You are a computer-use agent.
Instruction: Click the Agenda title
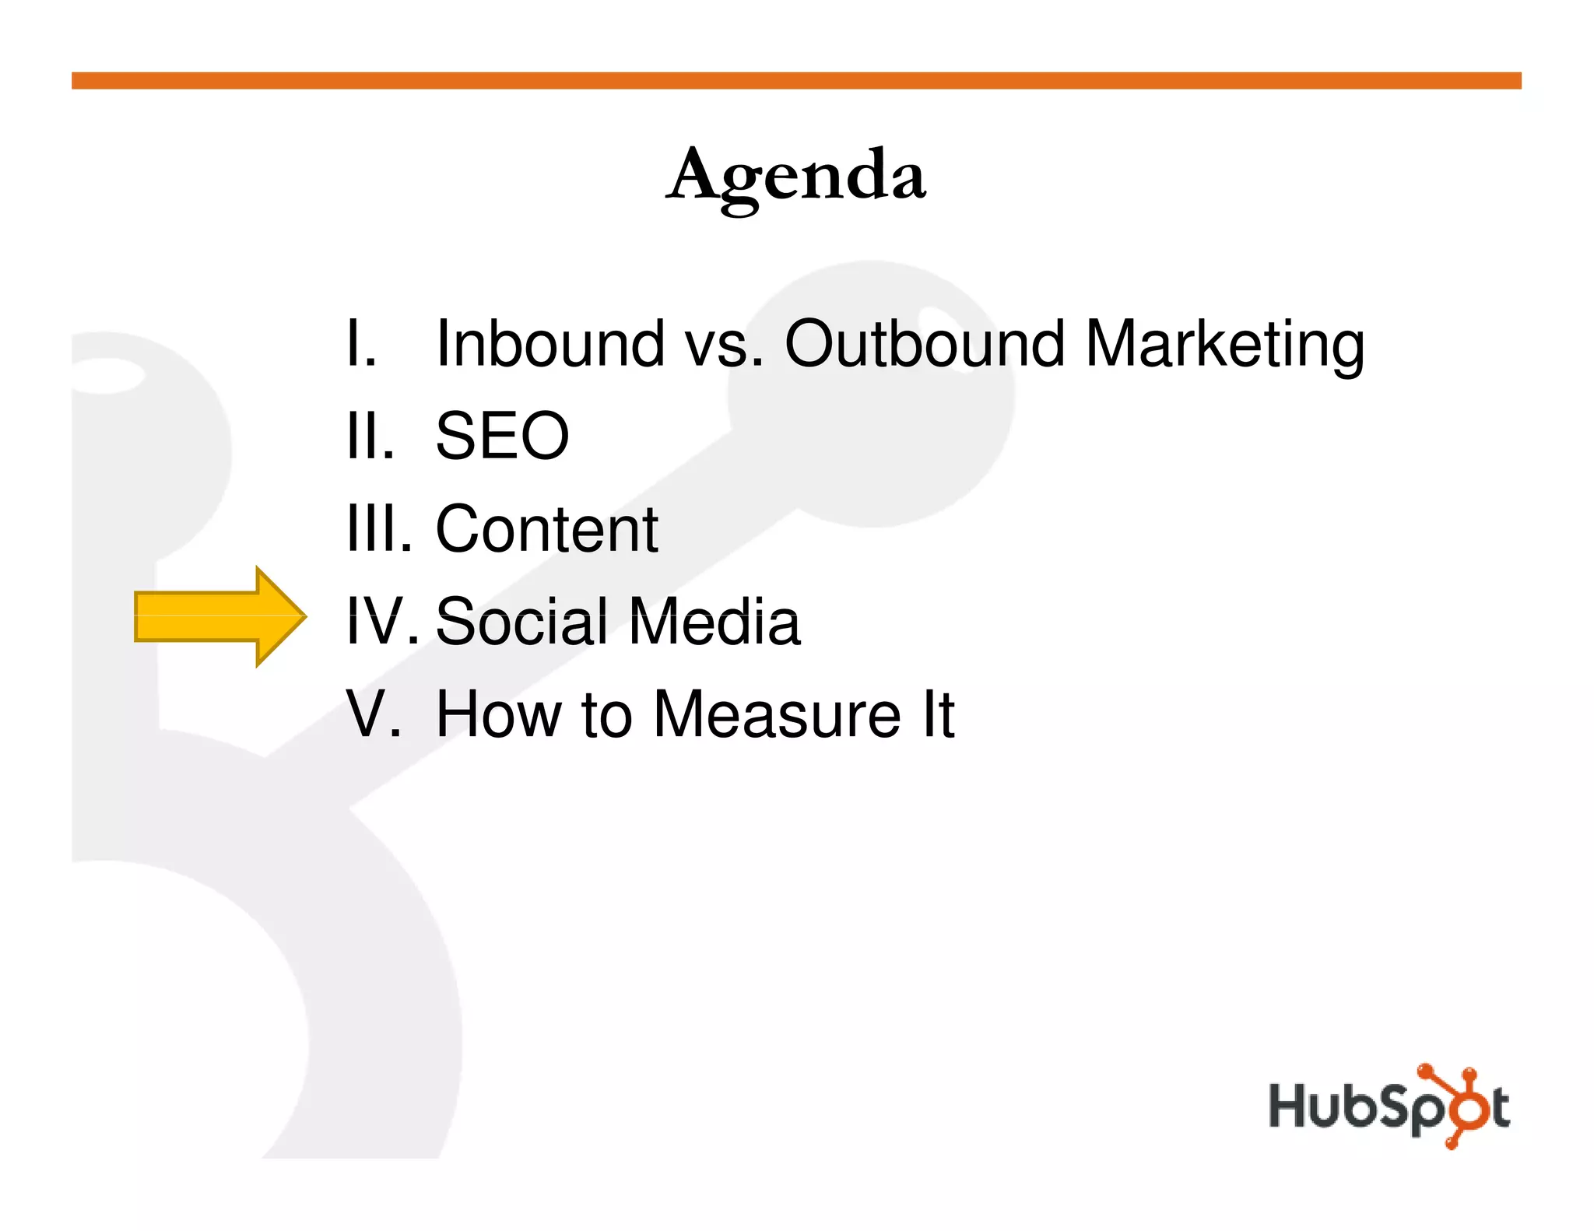tap(796, 176)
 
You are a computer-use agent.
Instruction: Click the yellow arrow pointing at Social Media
tap(220, 616)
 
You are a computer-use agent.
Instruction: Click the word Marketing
tap(1224, 345)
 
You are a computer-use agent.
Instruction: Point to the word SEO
tap(502, 436)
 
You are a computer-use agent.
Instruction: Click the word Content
tap(546, 529)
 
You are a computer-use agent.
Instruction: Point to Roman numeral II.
tap(370, 436)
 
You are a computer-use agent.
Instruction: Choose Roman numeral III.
tap(379, 529)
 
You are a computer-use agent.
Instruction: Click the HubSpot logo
tap(1389, 1106)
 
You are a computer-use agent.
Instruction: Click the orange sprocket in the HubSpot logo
tap(1449, 1106)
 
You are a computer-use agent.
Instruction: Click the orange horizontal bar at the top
tap(796, 81)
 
